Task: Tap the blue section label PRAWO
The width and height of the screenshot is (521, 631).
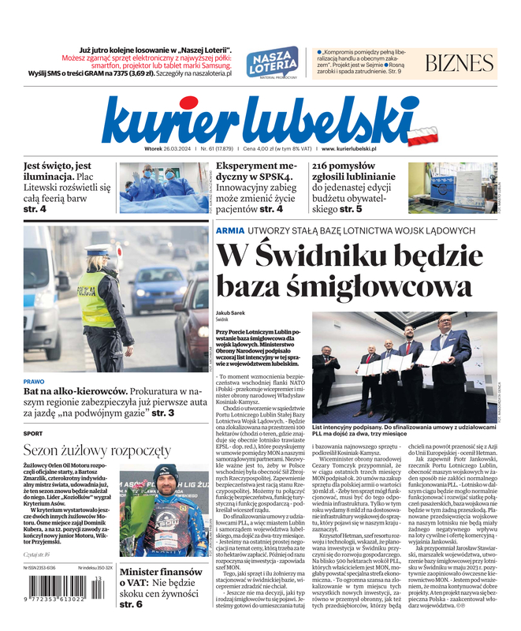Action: (35, 381)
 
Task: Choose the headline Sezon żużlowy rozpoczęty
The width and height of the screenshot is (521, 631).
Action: (96, 451)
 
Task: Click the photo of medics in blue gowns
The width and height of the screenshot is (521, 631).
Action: (163, 188)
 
